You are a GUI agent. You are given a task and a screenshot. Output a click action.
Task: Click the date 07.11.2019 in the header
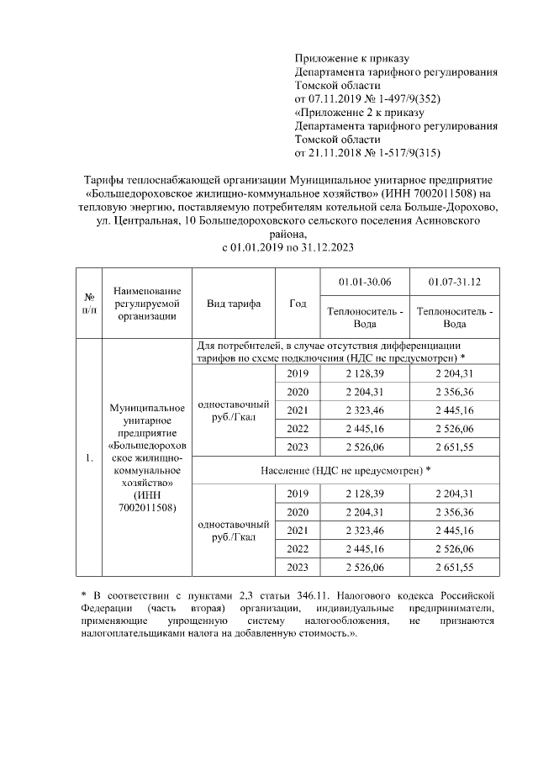click(x=338, y=98)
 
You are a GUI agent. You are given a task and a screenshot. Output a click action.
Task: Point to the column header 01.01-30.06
click(x=364, y=280)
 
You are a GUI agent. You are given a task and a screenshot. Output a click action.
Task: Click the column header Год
click(x=298, y=303)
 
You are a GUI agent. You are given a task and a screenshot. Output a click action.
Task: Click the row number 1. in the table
click(x=89, y=459)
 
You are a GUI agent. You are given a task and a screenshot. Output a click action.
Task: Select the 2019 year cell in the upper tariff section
click(x=298, y=373)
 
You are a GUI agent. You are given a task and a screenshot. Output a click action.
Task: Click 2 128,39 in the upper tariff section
click(x=364, y=373)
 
